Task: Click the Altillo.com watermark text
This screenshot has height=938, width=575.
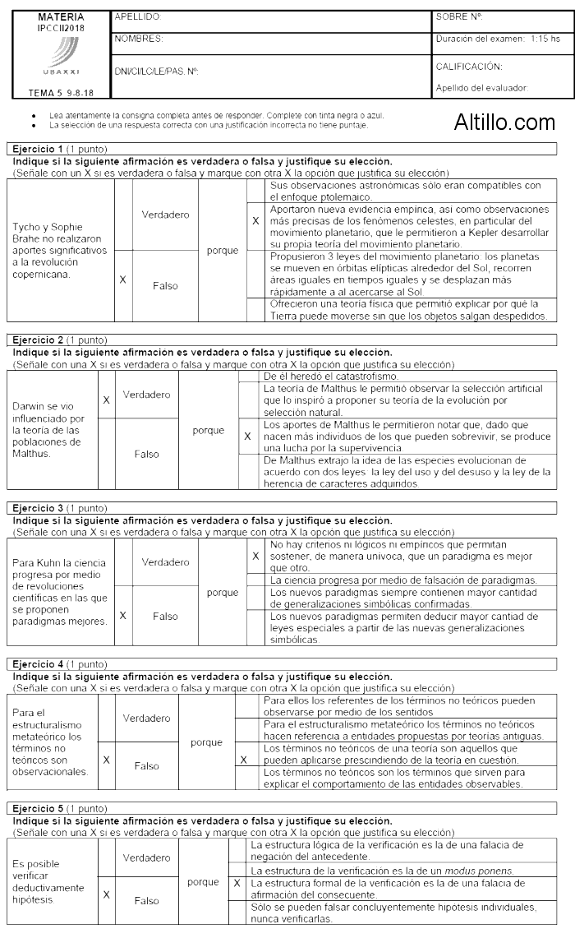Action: [504, 122]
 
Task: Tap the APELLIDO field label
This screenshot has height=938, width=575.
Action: [138, 16]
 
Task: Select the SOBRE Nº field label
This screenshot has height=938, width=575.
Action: [459, 16]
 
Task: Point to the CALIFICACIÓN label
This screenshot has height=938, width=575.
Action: [469, 67]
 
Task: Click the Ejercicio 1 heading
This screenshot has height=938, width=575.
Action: [34, 149]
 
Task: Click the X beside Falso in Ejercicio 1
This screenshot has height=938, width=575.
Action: [122, 280]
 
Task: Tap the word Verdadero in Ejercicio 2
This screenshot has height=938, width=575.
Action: [146, 395]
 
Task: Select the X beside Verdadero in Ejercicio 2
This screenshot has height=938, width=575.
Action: [106, 400]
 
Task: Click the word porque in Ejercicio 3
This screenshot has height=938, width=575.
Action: [223, 592]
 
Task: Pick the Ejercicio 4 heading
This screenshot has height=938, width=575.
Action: [34, 663]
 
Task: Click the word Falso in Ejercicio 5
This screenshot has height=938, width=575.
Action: [146, 900]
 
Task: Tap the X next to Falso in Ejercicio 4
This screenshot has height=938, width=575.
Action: [106, 760]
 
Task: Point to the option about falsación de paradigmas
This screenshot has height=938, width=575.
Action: [402, 580]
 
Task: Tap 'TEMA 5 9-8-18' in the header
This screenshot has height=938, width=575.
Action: [60, 93]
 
